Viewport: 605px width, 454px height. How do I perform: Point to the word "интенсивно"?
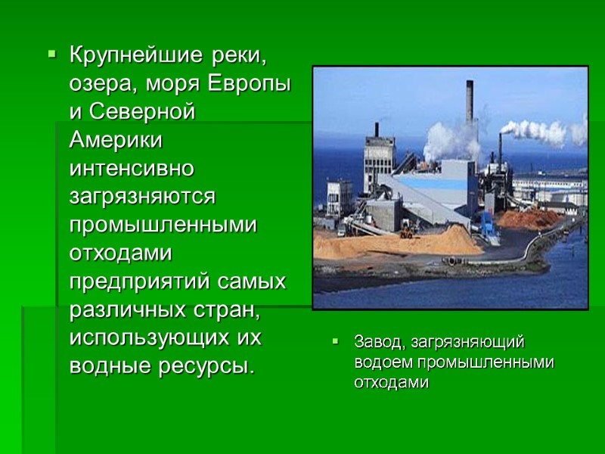(x=132, y=168)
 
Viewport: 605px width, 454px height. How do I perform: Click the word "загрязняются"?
(x=143, y=196)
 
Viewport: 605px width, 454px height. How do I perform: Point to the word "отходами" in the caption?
(x=390, y=382)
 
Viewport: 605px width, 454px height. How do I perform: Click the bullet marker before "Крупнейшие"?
(x=51, y=55)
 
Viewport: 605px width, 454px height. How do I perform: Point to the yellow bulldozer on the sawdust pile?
(x=407, y=232)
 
